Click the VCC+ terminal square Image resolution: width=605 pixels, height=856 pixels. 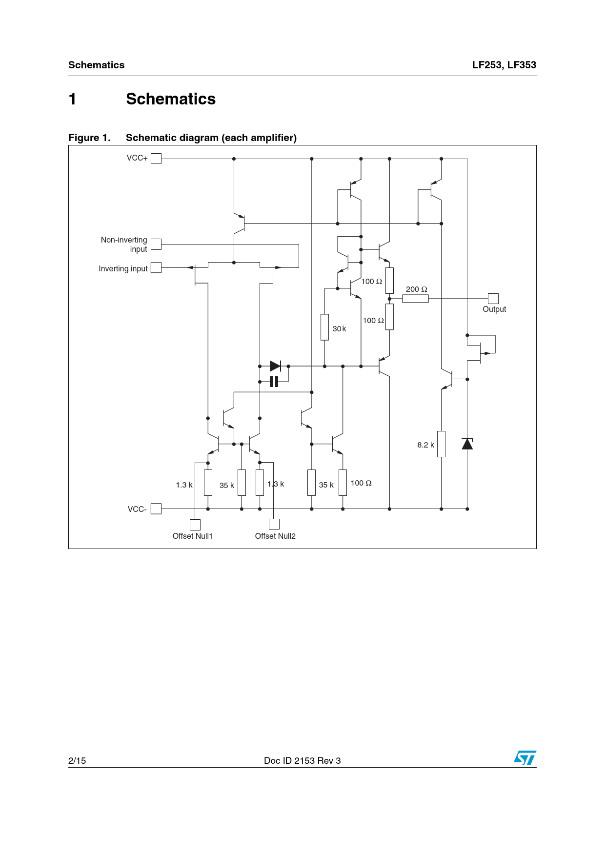[x=156, y=159]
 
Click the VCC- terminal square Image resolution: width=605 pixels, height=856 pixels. [x=156, y=509]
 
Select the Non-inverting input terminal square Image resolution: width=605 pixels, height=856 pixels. [x=156, y=244]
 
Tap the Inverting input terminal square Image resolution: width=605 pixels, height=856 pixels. [x=156, y=267]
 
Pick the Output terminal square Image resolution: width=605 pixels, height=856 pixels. [x=493, y=299]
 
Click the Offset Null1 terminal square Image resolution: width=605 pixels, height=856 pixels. [x=195, y=525]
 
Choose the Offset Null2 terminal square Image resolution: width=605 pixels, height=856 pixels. [x=274, y=524]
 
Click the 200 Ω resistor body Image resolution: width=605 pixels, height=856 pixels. [x=415, y=299]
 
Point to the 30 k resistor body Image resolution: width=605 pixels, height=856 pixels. [x=324, y=327]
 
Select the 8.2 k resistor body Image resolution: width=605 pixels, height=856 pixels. [x=442, y=444]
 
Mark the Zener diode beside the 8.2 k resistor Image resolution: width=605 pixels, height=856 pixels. [x=467, y=444]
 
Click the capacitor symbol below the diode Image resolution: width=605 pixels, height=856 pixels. [x=274, y=382]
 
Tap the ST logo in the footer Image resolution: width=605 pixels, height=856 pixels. [x=525, y=758]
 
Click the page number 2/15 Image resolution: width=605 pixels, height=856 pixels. [x=77, y=760]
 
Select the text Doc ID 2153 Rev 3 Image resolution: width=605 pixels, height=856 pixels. [x=302, y=760]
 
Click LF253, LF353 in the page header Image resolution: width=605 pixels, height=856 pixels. [x=504, y=65]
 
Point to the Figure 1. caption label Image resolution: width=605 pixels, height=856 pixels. [x=89, y=138]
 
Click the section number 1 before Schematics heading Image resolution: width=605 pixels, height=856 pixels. [x=73, y=99]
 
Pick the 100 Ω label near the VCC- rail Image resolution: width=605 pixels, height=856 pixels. [x=361, y=483]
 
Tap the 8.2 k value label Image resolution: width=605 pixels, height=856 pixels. [x=425, y=445]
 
